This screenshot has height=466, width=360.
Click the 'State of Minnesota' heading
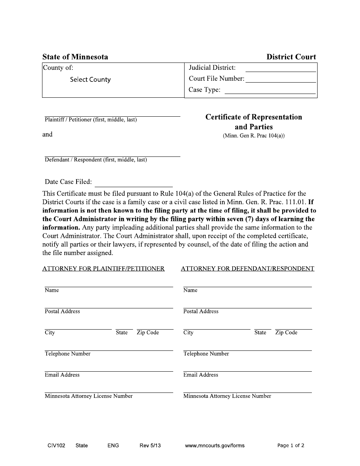[75, 57]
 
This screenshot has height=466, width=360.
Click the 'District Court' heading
[291, 57]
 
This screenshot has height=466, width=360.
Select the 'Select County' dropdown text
[90, 80]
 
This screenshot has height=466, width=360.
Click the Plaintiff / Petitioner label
[91, 120]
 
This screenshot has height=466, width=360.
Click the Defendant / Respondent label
[95, 160]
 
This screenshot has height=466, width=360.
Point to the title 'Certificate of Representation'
[254, 117]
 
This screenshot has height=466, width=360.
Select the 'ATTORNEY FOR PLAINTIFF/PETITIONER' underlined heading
[103, 269]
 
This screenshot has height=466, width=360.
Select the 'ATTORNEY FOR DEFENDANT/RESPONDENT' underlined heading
[247, 269]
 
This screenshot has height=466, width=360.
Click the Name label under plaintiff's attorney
[52, 290]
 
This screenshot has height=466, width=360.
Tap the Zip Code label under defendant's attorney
[286, 333]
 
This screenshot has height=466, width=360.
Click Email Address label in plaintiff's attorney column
[62, 375]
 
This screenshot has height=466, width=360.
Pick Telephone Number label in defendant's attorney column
[206, 354]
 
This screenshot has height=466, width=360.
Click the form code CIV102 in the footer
[54, 446]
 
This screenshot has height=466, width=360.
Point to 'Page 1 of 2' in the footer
[291, 446]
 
